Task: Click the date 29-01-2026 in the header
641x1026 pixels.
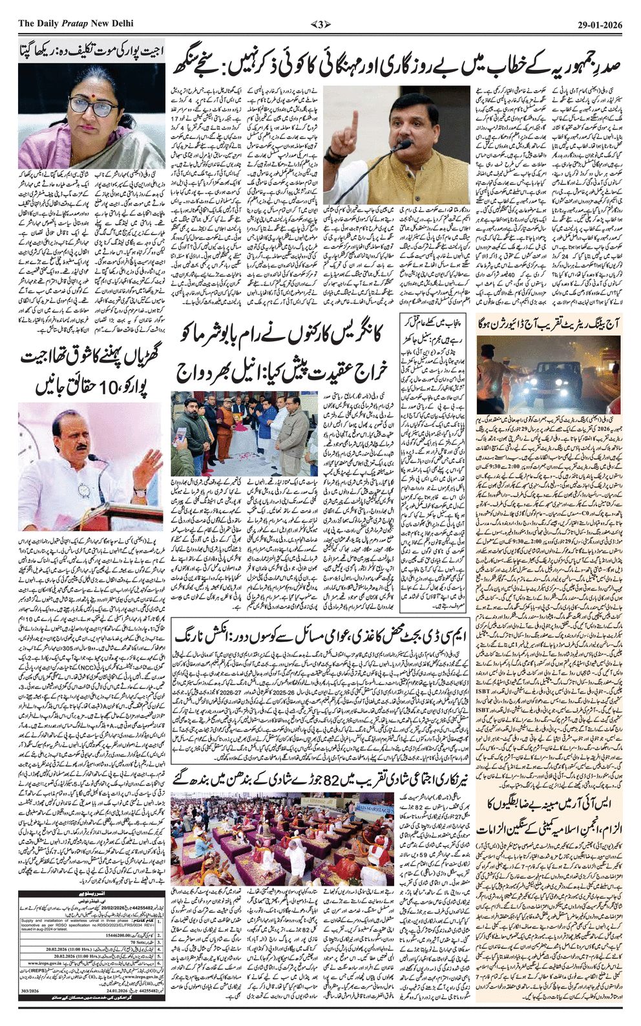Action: tap(600, 24)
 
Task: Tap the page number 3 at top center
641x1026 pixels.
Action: tap(320, 24)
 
